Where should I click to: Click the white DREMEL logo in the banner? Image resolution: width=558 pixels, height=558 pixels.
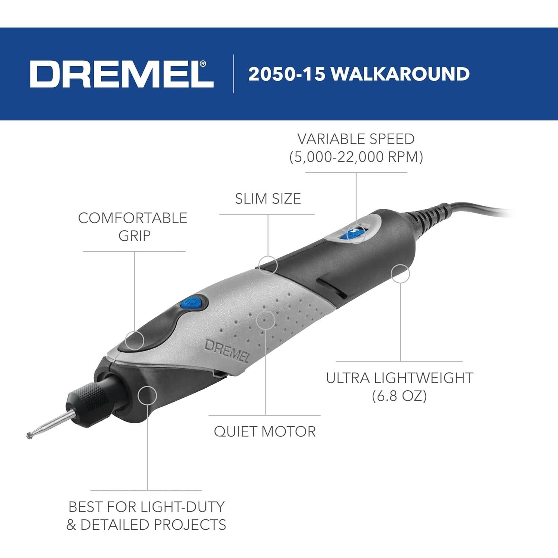pos(122,74)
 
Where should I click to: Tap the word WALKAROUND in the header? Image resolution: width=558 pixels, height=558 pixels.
pos(400,74)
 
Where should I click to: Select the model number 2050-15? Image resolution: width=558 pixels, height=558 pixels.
pos(286,74)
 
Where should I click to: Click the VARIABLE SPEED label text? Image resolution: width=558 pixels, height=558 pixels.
pos(356,139)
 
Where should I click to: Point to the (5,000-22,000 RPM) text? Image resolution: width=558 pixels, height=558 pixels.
pos(356,157)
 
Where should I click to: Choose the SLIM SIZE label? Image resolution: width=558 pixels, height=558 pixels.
pos(268,199)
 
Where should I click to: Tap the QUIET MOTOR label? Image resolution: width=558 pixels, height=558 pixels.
pos(265,432)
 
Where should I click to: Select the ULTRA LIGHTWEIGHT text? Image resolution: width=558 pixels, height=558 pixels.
pos(400,378)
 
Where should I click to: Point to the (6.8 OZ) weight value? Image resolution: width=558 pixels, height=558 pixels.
pos(399,396)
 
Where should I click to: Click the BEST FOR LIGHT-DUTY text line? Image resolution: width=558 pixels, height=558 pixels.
pos(147,507)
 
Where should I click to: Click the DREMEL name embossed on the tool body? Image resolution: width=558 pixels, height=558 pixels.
pos(227,351)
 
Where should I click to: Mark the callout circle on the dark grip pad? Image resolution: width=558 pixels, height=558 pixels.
pos(134,340)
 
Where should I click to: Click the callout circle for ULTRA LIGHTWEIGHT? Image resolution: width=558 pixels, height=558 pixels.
pos(400,274)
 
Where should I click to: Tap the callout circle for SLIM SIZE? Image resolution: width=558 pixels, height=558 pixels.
pos(268,265)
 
